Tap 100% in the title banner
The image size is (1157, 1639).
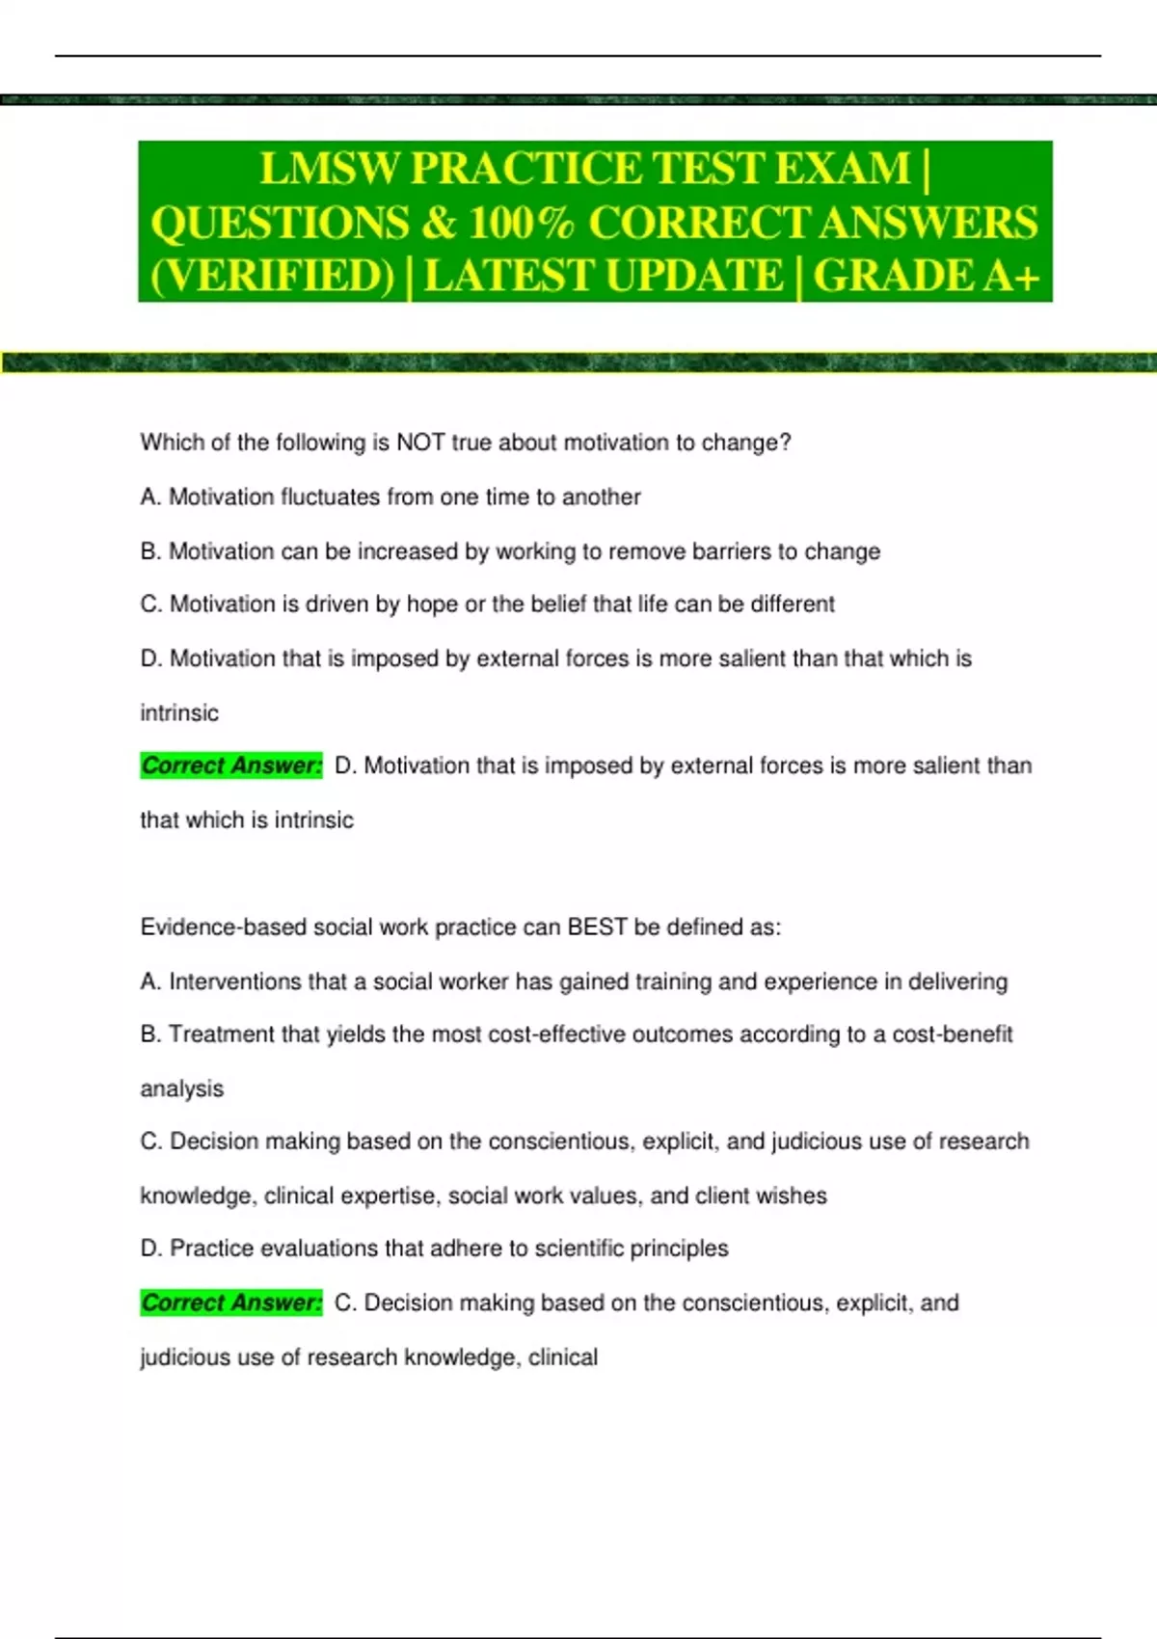click(x=521, y=223)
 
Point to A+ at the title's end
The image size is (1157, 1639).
click(x=1011, y=276)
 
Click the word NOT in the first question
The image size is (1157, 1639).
click(x=420, y=443)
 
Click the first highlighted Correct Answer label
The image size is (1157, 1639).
click(x=231, y=766)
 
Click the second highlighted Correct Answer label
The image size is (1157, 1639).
click(x=231, y=1303)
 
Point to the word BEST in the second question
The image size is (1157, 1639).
click(x=597, y=927)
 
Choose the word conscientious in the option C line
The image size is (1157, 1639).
click(x=560, y=1142)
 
